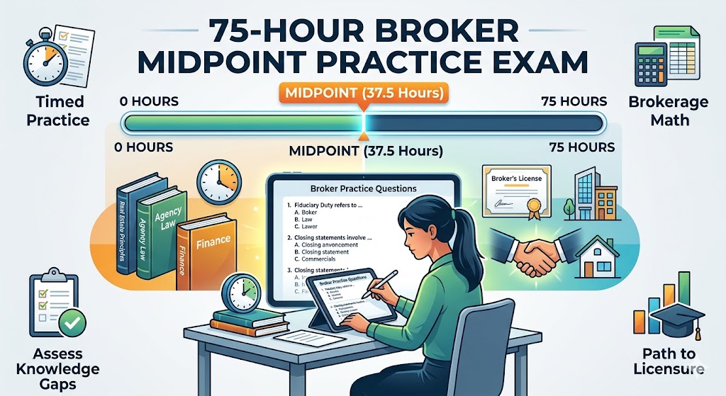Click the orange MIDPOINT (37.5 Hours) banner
click(x=362, y=94)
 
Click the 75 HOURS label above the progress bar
click(x=574, y=101)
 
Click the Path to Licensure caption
click(x=669, y=361)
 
